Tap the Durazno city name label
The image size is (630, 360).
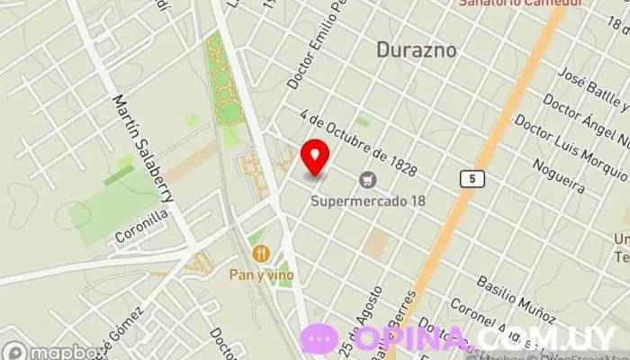[416, 49]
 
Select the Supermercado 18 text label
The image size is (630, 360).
[367, 200]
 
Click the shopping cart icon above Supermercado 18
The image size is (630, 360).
[367, 180]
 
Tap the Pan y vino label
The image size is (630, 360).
[262, 274]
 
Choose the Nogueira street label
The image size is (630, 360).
[558, 175]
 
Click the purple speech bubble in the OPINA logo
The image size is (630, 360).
[319, 339]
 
